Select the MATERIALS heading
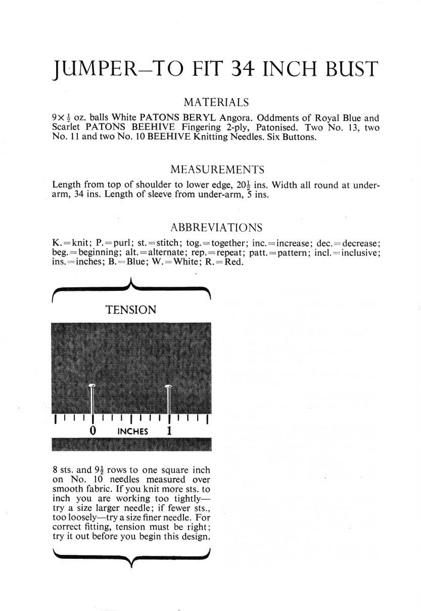216,103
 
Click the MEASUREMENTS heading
217,169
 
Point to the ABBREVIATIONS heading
216,227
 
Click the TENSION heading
131,310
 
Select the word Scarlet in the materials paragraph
67,128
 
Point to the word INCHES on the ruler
132,431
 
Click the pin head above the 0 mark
92,386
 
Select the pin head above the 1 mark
169,387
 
